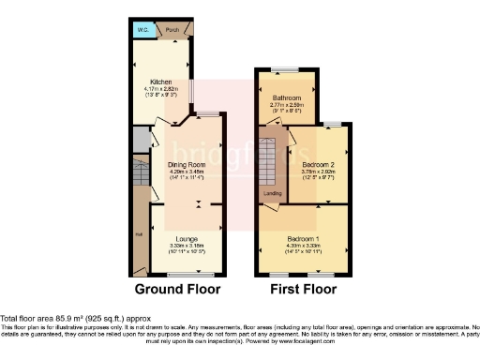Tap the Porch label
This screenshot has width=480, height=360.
(172, 30)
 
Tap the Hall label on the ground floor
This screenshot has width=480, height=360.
(138, 234)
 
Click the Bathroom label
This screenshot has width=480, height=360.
(286, 97)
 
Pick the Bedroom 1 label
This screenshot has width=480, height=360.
(301, 237)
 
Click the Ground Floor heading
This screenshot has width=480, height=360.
(179, 289)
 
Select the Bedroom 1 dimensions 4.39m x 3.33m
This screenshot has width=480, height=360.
(301, 245)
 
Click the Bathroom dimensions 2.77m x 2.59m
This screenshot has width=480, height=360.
(286, 105)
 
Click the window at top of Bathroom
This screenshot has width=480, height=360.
(287, 69)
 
